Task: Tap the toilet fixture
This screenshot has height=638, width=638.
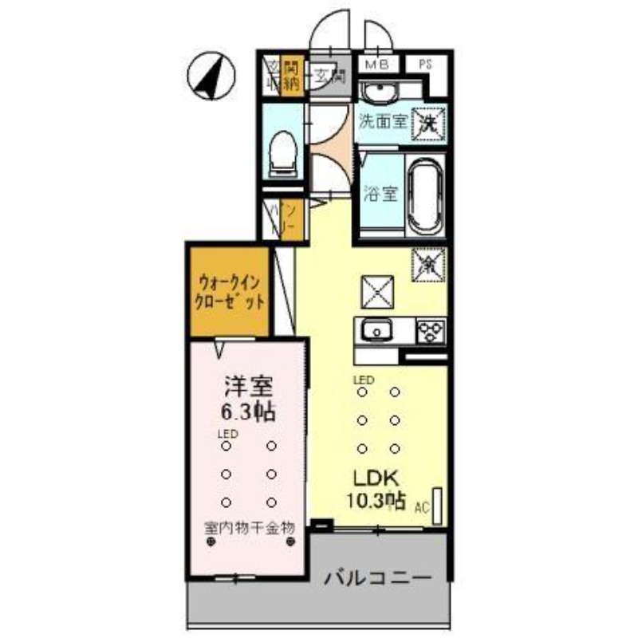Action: click(x=282, y=152)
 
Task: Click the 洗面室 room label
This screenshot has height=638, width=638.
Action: click(x=381, y=123)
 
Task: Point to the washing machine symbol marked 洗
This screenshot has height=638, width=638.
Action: click(x=428, y=124)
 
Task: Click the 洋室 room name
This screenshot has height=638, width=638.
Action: click(x=248, y=388)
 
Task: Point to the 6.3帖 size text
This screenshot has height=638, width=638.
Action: click(x=248, y=412)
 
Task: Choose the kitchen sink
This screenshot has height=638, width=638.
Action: click(x=375, y=329)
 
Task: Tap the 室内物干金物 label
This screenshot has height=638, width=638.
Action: click(x=250, y=527)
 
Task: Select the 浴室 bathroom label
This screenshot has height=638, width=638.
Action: click(x=380, y=194)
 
